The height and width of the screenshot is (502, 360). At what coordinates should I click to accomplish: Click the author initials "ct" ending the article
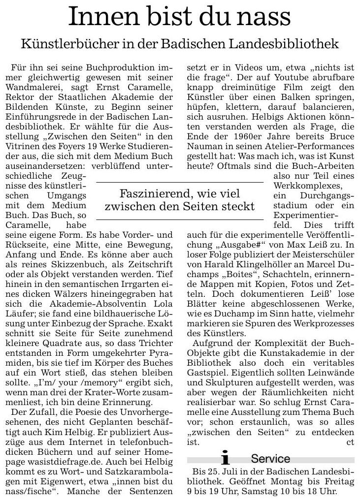350,442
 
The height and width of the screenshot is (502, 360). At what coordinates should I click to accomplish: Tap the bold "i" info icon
226,459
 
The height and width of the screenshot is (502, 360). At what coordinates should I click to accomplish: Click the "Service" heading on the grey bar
270,459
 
